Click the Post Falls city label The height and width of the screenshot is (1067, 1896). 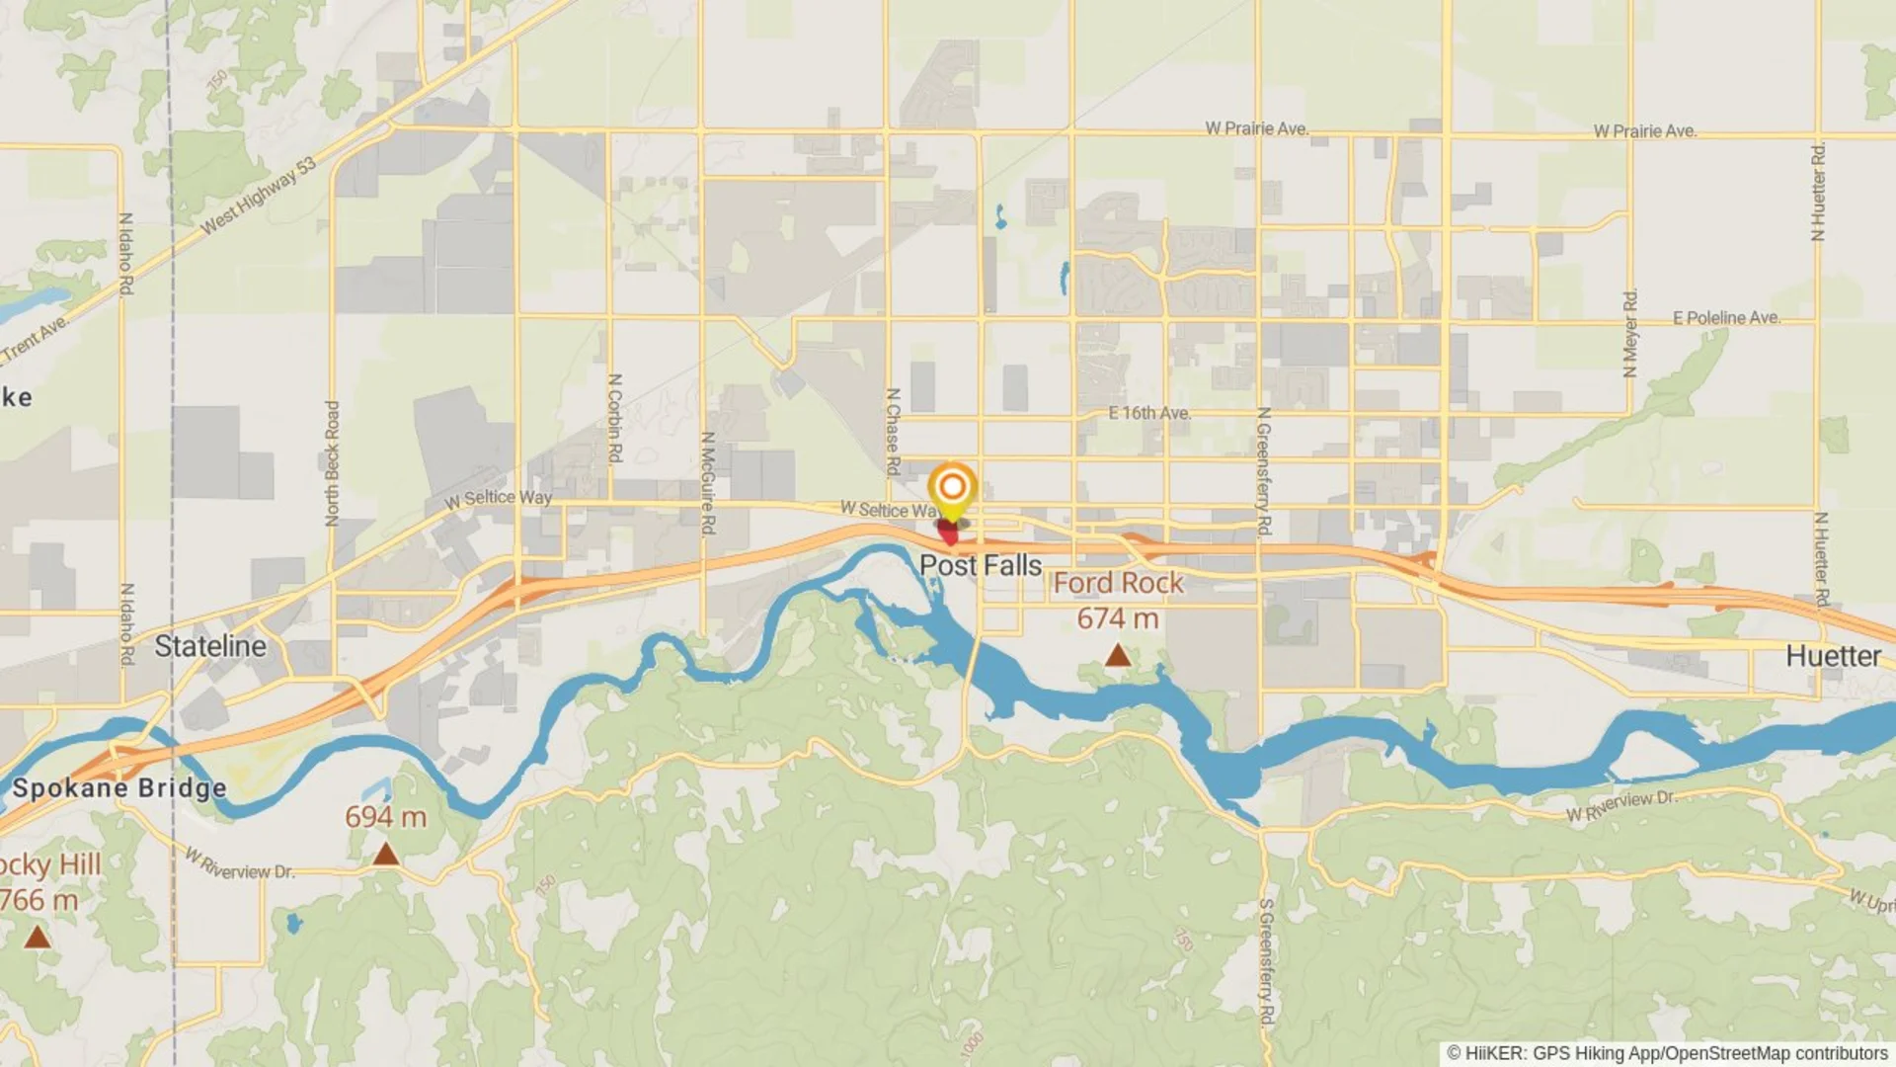point(981,565)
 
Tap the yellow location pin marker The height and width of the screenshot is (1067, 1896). point(952,489)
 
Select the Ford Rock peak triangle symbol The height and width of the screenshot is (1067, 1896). point(1117,654)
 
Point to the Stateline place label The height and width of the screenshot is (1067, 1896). point(210,646)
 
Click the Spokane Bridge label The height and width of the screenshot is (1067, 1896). point(119,788)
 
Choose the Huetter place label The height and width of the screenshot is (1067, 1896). point(1833,656)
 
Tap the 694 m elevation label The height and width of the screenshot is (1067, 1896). point(385,817)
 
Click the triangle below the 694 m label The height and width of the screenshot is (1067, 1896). point(386,855)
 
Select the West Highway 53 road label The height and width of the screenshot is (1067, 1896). point(259,196)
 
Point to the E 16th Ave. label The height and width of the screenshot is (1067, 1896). point(1149,413)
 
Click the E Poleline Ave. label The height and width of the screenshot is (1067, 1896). point(1726,318)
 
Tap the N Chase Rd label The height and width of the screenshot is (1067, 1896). point(893,432)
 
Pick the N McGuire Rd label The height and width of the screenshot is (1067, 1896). point(707,483)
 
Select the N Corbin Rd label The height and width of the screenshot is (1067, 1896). point(614,418)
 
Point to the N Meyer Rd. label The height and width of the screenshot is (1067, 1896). point(1630,333)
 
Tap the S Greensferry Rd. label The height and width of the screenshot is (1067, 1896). point(1267,961)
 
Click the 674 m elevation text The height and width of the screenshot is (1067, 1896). point(1117,619)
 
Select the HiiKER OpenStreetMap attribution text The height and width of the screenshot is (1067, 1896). point(1668,1053)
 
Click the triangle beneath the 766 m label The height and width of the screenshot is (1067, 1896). point(38,937)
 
